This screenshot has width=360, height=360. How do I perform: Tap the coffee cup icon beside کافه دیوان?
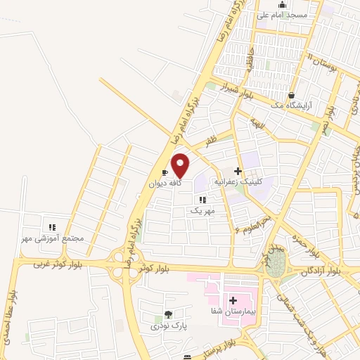click(165, 172)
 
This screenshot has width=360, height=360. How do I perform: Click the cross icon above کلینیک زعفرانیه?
click(238, 171)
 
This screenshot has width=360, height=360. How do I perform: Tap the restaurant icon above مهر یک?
click(202, 200)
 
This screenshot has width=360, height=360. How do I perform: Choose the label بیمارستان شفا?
click(234, 311)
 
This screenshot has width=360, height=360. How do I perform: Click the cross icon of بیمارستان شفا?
click(233, 300)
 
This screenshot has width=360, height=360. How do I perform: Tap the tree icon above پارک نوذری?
click(167, 315)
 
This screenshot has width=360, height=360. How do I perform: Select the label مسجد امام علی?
click(281, 14)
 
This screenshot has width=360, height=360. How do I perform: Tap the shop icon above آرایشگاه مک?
click(291, 95)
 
